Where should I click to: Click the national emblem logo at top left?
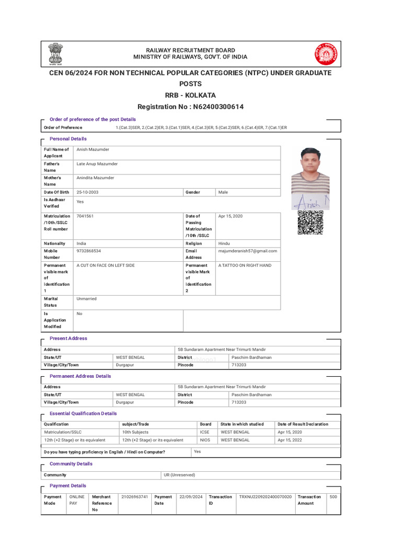(55, 53)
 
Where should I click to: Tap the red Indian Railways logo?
(326, 54)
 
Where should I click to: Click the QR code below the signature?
(310, 223)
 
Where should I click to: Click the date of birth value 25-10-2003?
(87, 192)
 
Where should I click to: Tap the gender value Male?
(223, 192)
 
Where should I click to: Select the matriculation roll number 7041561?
(85, 216)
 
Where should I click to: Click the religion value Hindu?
(224, 243)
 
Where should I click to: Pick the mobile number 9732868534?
(89, 251)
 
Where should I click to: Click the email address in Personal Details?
(248, 251)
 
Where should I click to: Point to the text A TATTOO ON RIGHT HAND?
(244, 265)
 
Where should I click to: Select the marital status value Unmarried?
(86, 299)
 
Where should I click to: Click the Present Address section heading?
(68, 339)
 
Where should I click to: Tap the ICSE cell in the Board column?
(204, 432)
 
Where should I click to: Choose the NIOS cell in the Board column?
(205, 440)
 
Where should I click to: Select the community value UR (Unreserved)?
(179, 475)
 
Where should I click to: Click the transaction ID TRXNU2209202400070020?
(265, 497)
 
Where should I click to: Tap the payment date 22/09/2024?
(191, 497)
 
